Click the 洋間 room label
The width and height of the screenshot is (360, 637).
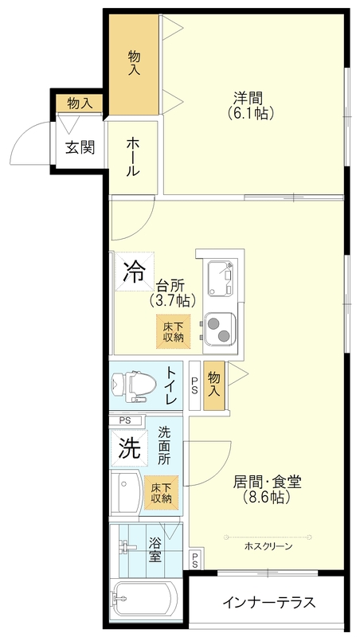tap(248, 98)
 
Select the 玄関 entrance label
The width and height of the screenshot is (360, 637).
tap(80, 147)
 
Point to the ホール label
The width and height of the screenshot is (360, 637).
tap(133, 156)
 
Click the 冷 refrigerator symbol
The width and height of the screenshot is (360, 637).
tap(134, 272)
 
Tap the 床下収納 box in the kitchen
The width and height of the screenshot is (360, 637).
tap(174, 331)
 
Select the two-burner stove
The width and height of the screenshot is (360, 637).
tap(219, 328)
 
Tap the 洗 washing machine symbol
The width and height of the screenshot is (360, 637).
tap(129, 448)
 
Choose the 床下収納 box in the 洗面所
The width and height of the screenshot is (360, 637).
tap(162, 492)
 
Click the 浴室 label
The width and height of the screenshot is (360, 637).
tap(155, 549)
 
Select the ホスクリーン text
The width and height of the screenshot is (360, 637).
tap(268, 546)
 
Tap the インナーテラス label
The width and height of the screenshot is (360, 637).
tap(269, 602)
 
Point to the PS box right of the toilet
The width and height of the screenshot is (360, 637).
tap(195, 386)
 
